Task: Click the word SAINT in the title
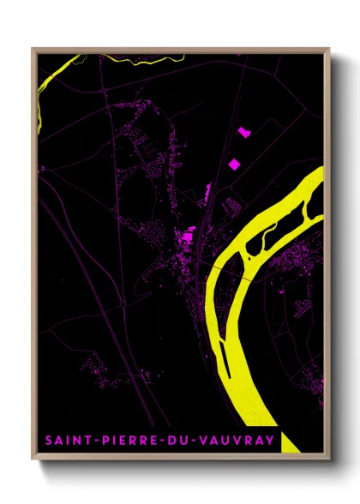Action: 65,441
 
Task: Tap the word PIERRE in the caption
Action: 123,441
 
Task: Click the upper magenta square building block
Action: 242,132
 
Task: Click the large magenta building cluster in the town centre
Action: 187,232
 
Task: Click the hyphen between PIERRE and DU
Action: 158,441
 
